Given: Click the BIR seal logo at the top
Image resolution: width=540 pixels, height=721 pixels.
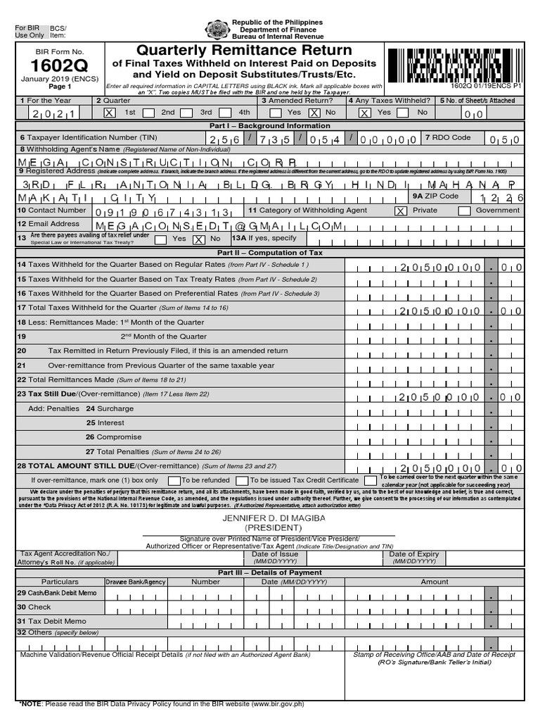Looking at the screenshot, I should click(216, 30).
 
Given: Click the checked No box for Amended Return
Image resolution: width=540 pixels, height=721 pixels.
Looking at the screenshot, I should click(314, 113).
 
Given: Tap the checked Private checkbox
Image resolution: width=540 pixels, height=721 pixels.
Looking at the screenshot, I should click(400, 211).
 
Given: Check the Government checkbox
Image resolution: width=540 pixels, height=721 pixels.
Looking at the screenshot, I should click(464, 211).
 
